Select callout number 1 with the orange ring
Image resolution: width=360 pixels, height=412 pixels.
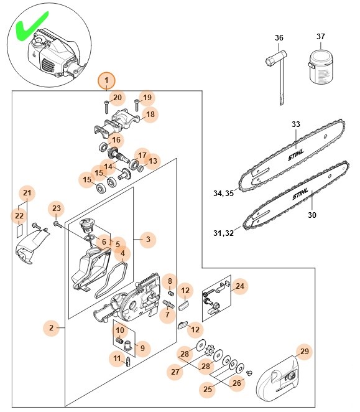point(107,80)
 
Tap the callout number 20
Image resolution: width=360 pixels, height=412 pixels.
point(118,97)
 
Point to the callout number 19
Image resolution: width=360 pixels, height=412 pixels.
point(147,97)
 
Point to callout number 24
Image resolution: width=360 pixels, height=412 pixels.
point(239,286)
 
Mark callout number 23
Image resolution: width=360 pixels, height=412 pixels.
point(57,208)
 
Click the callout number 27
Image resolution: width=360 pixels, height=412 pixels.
point(175,372)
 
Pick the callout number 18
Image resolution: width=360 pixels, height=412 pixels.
point(150,115)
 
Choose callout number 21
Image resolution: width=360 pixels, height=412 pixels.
point(26,194)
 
